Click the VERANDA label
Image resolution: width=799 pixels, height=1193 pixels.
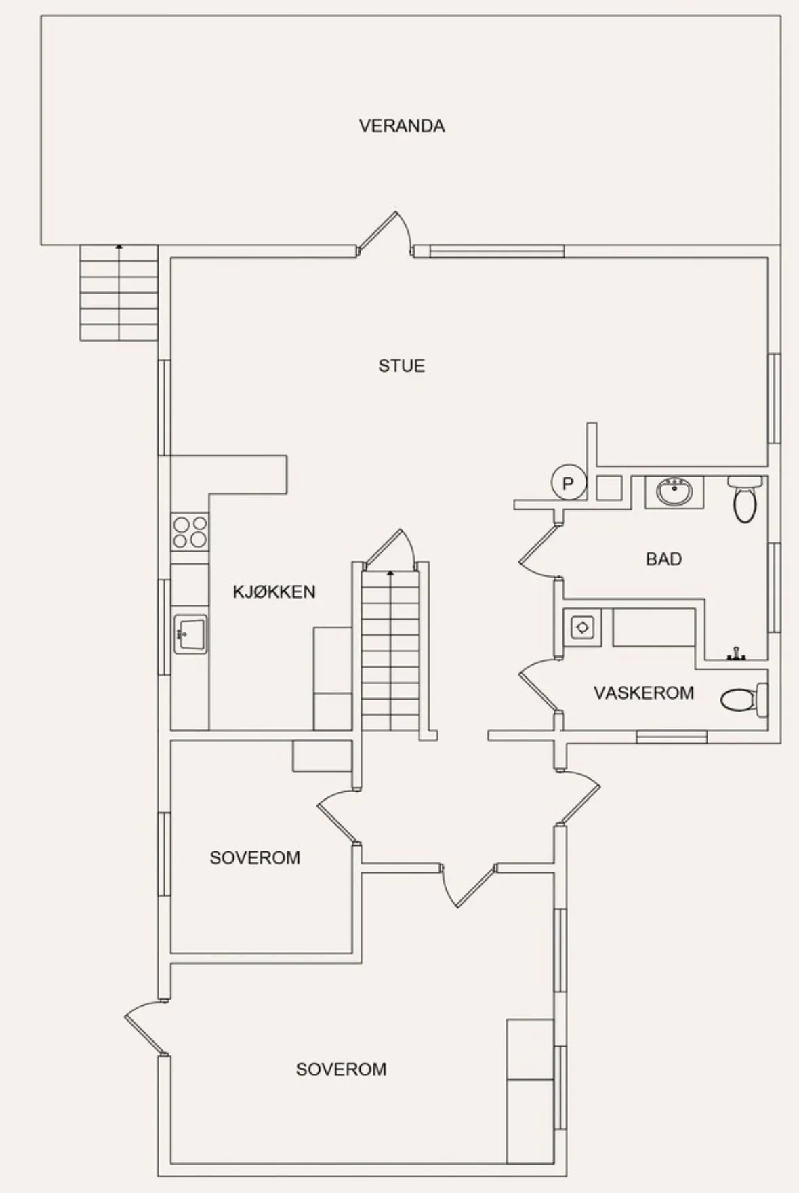point(402,126)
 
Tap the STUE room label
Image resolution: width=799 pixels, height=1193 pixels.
point(402,366)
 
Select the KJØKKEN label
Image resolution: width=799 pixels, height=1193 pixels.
point(274,592)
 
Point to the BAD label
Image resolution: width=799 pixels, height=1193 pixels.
point(663,559)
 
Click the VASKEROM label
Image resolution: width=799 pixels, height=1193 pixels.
point(644,693)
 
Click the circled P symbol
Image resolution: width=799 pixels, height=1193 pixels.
point(568,483)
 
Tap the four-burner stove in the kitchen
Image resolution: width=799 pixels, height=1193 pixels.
point(190,531)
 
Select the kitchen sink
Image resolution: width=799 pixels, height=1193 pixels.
point(190,634)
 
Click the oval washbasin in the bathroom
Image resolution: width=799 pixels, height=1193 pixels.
point(673,492)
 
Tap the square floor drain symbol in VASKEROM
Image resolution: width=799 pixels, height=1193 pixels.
point(582,628)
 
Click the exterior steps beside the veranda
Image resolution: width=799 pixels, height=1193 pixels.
point(119,293)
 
